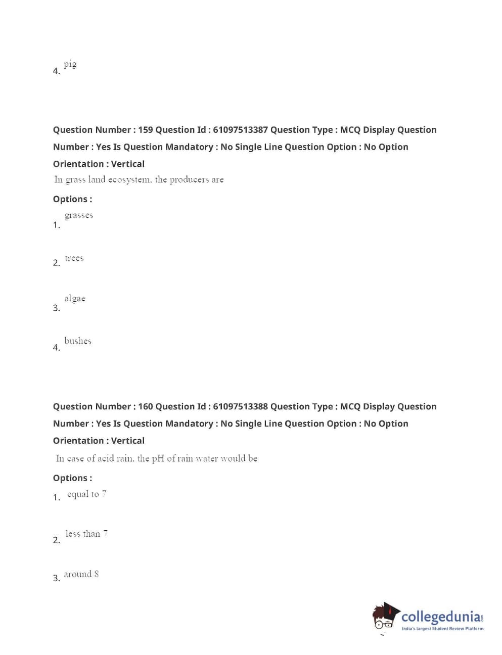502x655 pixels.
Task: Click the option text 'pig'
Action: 70,64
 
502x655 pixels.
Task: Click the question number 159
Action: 145,130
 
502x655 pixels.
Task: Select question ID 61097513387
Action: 240,130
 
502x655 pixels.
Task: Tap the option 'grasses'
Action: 79,215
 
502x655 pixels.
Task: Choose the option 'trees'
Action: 74,258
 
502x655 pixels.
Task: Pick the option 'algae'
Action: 75,298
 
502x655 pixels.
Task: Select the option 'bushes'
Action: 78,341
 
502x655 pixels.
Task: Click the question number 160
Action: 145,407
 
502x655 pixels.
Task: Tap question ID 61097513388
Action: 240,407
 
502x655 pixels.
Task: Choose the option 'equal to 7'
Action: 86,494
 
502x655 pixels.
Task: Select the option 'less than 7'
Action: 86,534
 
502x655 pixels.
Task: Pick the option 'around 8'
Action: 81,574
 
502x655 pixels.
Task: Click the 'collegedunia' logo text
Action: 441,617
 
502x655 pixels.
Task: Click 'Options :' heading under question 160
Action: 72,478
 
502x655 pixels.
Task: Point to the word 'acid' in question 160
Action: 106,458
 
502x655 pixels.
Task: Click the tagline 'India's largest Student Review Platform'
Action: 442,629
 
